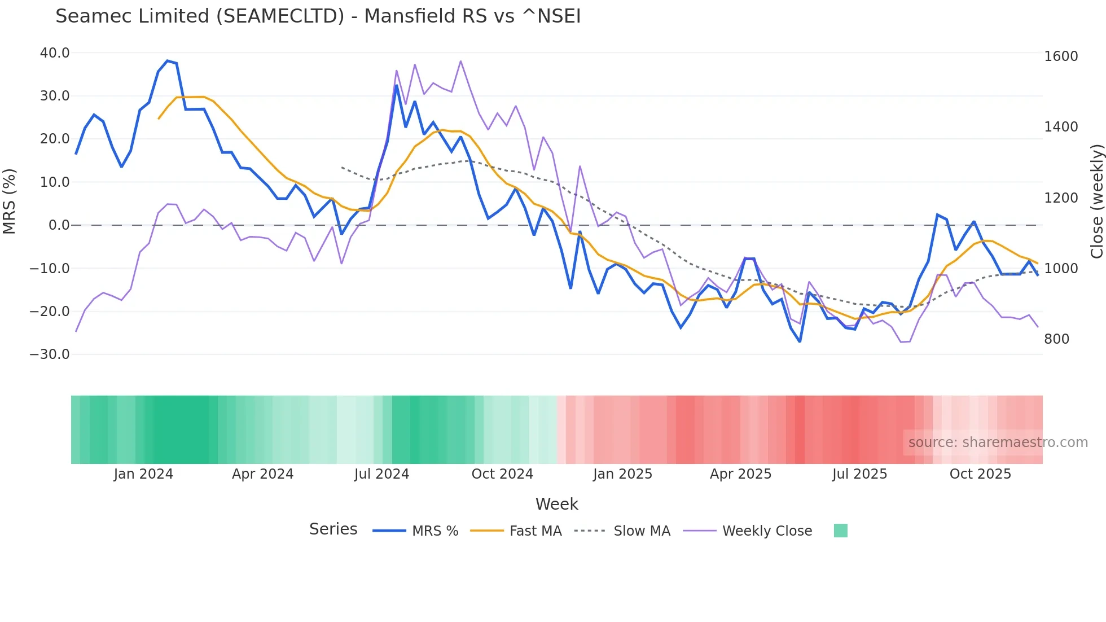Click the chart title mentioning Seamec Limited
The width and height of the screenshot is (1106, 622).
point(318,16)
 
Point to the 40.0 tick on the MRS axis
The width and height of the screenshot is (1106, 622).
point(55,53)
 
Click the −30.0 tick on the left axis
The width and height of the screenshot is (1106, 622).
point(50,354)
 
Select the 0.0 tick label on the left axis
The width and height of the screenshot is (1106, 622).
point(59,225)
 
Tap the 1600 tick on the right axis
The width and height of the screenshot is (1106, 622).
point(1061,56)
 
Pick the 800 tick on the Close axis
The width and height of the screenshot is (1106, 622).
point(1056,339)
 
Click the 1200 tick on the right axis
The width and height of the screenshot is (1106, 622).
point(1061,198)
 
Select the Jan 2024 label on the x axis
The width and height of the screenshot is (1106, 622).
point(143,474)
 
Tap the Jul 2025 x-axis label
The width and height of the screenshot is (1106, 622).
point(859,474)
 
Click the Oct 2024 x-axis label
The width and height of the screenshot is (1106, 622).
point(502,474)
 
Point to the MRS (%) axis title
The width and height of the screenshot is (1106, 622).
point(10,202)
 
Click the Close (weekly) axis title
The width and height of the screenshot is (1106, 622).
point(1096,202)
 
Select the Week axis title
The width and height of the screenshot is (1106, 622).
point(556,504)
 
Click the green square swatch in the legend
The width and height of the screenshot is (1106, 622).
point(840,531)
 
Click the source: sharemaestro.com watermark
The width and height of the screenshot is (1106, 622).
point(998,443)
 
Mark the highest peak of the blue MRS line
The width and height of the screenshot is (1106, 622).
point(167,61)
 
